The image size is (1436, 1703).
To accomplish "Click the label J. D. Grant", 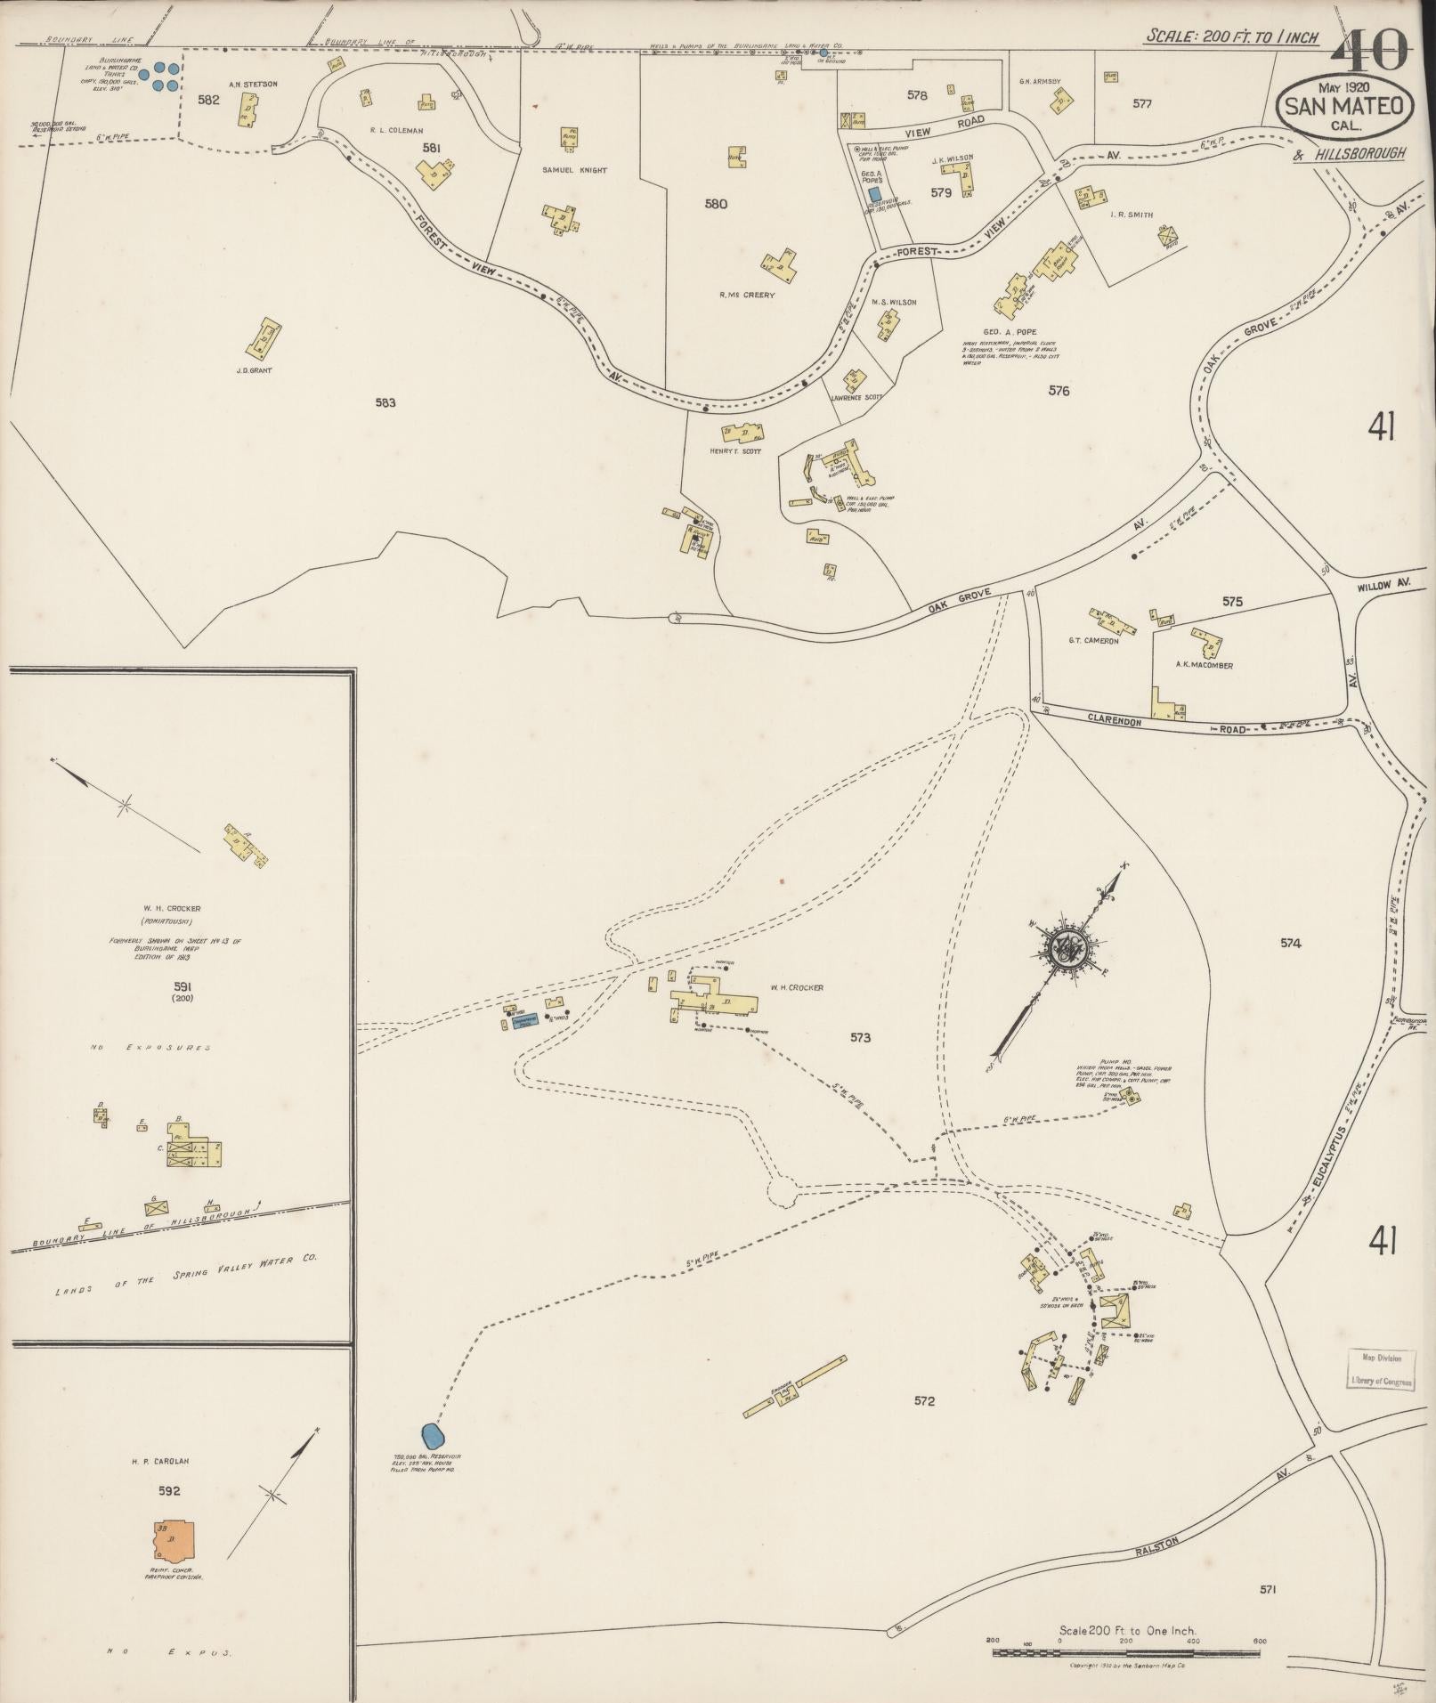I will click(x=254, y=370).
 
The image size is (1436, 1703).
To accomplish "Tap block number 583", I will click(x=385, y=402).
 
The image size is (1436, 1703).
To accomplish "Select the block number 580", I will click(x=716, y=204).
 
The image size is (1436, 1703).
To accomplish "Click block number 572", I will click(x=924, y=1401).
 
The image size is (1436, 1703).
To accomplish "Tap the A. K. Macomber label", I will click(x=1204, y=665).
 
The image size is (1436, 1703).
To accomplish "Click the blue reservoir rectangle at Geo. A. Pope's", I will click(x=874, y=193).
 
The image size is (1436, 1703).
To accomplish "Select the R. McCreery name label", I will click(x=747, y=295).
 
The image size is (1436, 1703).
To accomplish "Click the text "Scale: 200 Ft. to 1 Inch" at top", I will click(x=1231, y=36).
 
